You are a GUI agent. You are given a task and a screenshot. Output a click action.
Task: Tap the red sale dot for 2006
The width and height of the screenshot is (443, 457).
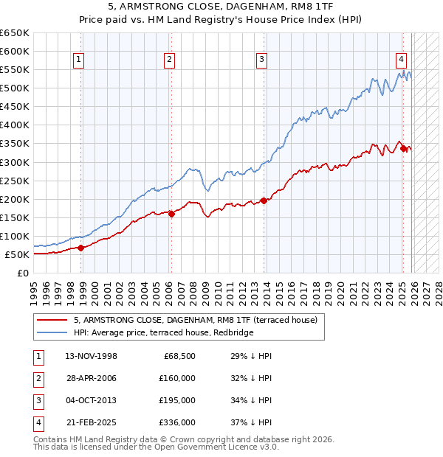(171, 214)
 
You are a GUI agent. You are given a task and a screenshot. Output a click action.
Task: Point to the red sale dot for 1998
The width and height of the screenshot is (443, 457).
(80, 248)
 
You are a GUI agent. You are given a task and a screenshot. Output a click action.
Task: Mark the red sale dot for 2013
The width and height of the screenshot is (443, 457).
(264, 200)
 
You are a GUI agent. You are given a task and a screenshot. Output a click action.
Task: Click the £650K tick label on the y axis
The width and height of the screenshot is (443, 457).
(14, 33)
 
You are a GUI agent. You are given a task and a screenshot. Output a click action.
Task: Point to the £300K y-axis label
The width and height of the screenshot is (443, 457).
(14, 162)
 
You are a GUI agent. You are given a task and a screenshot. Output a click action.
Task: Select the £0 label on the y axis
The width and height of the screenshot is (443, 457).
(21, 273)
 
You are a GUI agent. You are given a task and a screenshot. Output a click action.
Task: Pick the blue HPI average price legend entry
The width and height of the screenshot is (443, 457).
(163, 332)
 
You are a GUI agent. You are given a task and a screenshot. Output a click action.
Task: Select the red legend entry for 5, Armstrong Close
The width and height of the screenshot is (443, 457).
(195, 320)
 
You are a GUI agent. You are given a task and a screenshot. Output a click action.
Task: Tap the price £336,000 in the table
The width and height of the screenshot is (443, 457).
(178, 422)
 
